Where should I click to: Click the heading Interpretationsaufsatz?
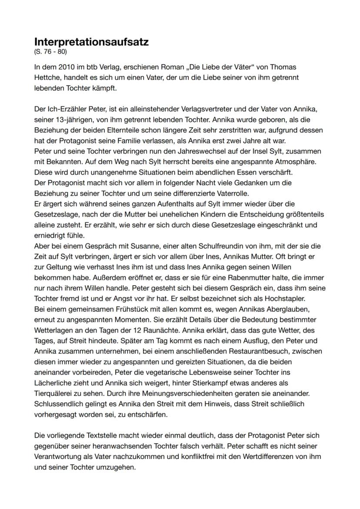pyautogui.click(x=91, y=42)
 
